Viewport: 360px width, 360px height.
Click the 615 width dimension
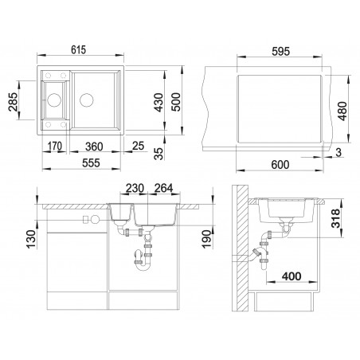tap(79, 49)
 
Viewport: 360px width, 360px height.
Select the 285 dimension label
tap(13, 102)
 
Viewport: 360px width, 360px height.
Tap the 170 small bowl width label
tap(55, 146)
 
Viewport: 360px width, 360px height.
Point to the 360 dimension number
tap(94, 147)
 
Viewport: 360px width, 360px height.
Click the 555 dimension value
tap(91, 162)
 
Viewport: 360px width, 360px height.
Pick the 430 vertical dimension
tap(158, 102)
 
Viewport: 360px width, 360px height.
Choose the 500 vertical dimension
tap(176, 102)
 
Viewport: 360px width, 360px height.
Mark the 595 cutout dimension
tap(281, 51)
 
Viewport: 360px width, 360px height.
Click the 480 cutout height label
tap(342, 111)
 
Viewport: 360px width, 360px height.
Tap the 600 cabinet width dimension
tap(280, 165)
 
